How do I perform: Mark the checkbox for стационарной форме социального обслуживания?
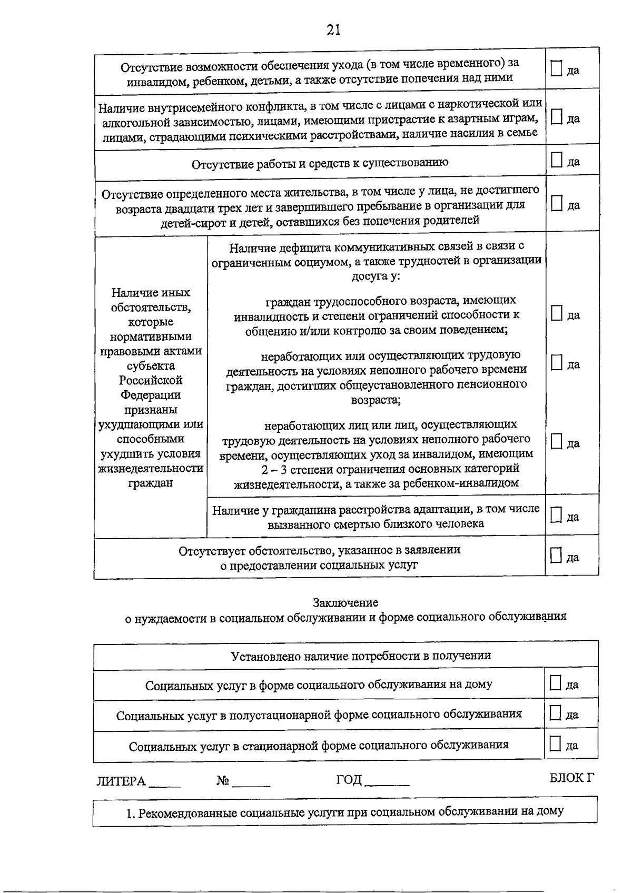(x=555, y=743)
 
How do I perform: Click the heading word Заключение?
(x=345, y=602)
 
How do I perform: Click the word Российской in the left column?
(x=151, y=380)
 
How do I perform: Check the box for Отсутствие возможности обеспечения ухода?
(x=556, y=68)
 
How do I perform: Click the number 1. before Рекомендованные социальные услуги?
(x=131, y=813)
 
